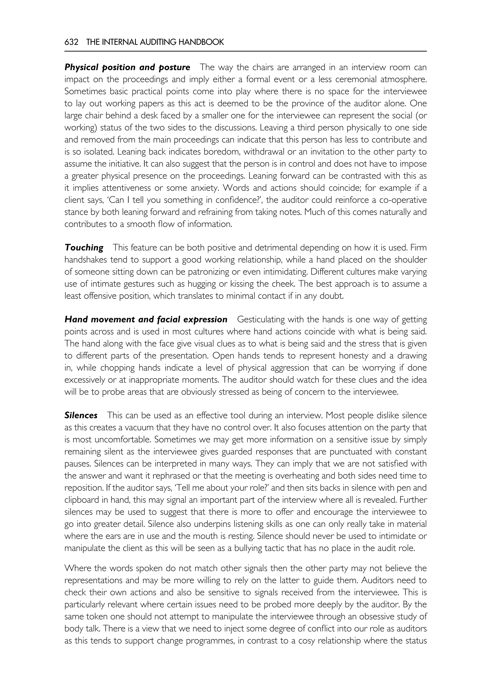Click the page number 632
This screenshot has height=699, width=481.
point(71,42)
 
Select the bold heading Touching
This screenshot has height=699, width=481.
point(84,248)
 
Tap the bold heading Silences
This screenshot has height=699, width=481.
point(81,415)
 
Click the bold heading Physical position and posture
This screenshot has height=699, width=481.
point(127,67)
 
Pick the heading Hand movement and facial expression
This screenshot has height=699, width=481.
point(146,319)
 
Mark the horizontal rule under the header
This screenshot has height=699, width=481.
point(245,51)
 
